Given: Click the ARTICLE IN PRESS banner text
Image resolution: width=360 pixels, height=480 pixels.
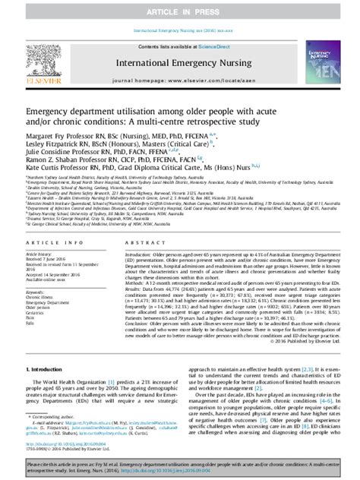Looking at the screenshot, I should click(x=179, y=10).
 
